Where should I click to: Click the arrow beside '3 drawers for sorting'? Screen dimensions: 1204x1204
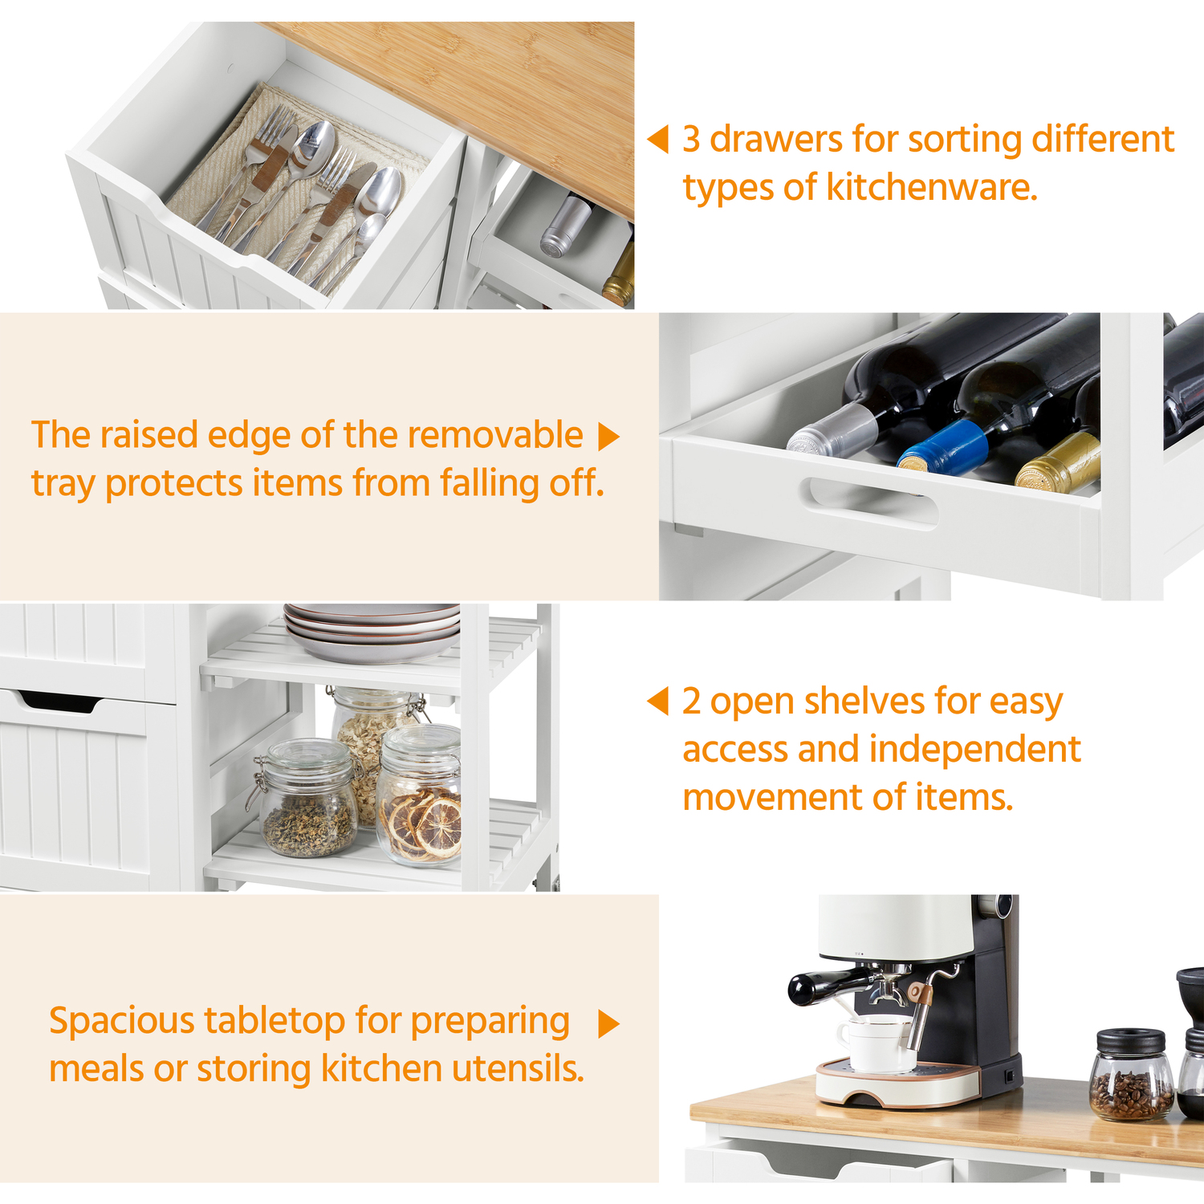[x=658, y=139]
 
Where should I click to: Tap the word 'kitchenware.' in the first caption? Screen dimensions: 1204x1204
[x=932, y=187]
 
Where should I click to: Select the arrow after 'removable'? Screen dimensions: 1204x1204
[x=609, y=437]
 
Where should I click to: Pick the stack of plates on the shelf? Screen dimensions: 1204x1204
[x=372, y=632]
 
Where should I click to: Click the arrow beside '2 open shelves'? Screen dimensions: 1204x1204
[x=658, y=701]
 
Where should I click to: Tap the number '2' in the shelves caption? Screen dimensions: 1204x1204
[x=692, y=701]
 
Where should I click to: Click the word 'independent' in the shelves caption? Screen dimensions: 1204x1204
[x=975, y=750]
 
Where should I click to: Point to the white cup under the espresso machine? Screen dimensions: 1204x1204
[x=876, y=1043]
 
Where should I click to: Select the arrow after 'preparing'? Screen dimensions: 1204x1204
[x=609, y=1023]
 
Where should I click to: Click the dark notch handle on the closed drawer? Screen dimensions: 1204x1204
[x=60, y=702]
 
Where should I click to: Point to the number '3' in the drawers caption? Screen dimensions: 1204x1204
[x=692, y=139]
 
